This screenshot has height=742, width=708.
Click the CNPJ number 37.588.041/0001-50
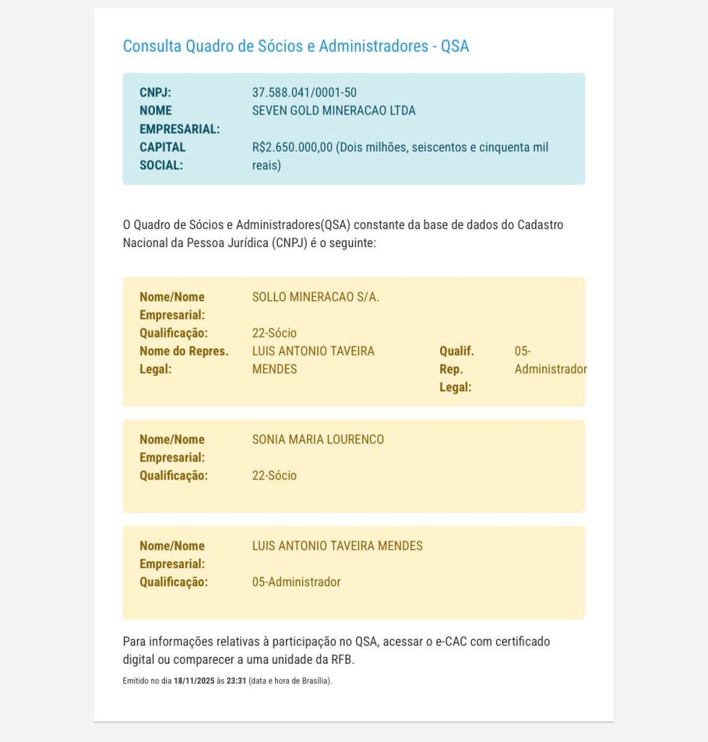[304, 93]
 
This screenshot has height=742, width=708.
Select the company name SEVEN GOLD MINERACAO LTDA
[334, 111]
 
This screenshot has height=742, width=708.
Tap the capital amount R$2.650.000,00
[292, 147]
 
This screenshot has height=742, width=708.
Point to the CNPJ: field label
[155, 93]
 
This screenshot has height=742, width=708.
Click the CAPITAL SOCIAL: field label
[162, 156]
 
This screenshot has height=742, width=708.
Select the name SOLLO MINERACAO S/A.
[316, 297]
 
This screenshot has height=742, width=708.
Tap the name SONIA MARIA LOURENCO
[318, 439]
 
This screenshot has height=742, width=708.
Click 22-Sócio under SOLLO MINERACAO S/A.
[274, 333]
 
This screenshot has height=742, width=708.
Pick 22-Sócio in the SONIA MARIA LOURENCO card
[274, 475]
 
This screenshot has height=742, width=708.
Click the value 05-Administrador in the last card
[296, 582]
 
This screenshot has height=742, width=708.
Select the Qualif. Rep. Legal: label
[456, 369]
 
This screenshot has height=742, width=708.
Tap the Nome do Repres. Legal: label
[184, 360]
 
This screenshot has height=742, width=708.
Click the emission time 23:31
[236, 681]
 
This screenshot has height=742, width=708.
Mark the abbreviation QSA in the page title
[455, 46]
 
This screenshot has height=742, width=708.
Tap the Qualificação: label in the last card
[174, 582]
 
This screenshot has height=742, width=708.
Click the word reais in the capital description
[266, 165]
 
